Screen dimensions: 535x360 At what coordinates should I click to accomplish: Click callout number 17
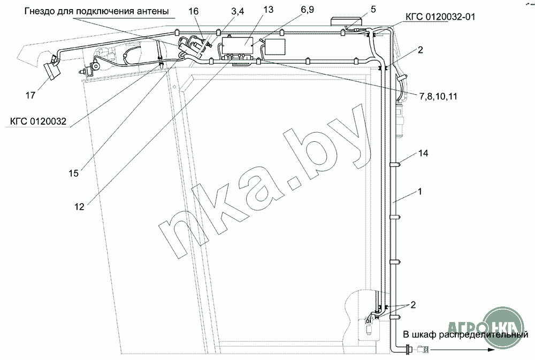[x=30, y=95]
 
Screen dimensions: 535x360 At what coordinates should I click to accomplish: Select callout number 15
[x=73, y=173]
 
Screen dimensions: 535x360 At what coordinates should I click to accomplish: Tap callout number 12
[x=79, y=206]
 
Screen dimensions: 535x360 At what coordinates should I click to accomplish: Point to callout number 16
[x=193, y=11]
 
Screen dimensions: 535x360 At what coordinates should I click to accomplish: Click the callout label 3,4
[x=238, y=11]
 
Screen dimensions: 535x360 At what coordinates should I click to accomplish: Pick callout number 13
[x=268, y=10]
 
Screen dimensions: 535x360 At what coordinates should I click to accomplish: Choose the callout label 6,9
[x=307, y=10]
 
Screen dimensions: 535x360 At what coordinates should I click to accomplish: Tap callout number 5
[x=373, y=9]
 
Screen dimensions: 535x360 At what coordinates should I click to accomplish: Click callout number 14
[x=423, y=153]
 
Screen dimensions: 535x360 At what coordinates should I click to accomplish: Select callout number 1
[x=420, y=192]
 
